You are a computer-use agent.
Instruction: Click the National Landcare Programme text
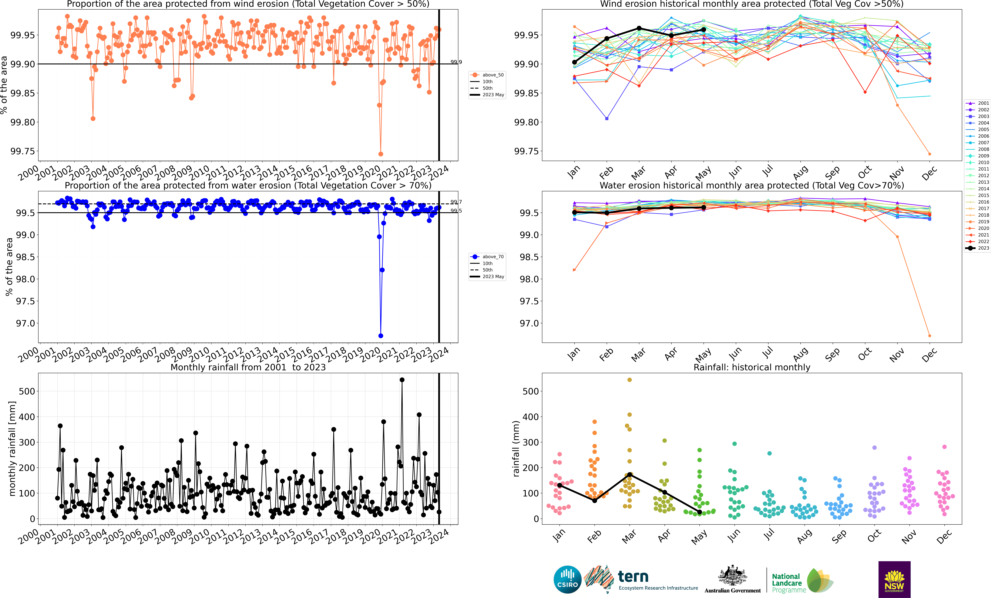tap(788, 583)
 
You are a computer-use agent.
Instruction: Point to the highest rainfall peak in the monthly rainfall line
tap(402, 380)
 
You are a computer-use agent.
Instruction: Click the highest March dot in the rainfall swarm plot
tap(629, 380)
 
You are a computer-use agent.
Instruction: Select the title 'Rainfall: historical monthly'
tap(752, 367)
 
